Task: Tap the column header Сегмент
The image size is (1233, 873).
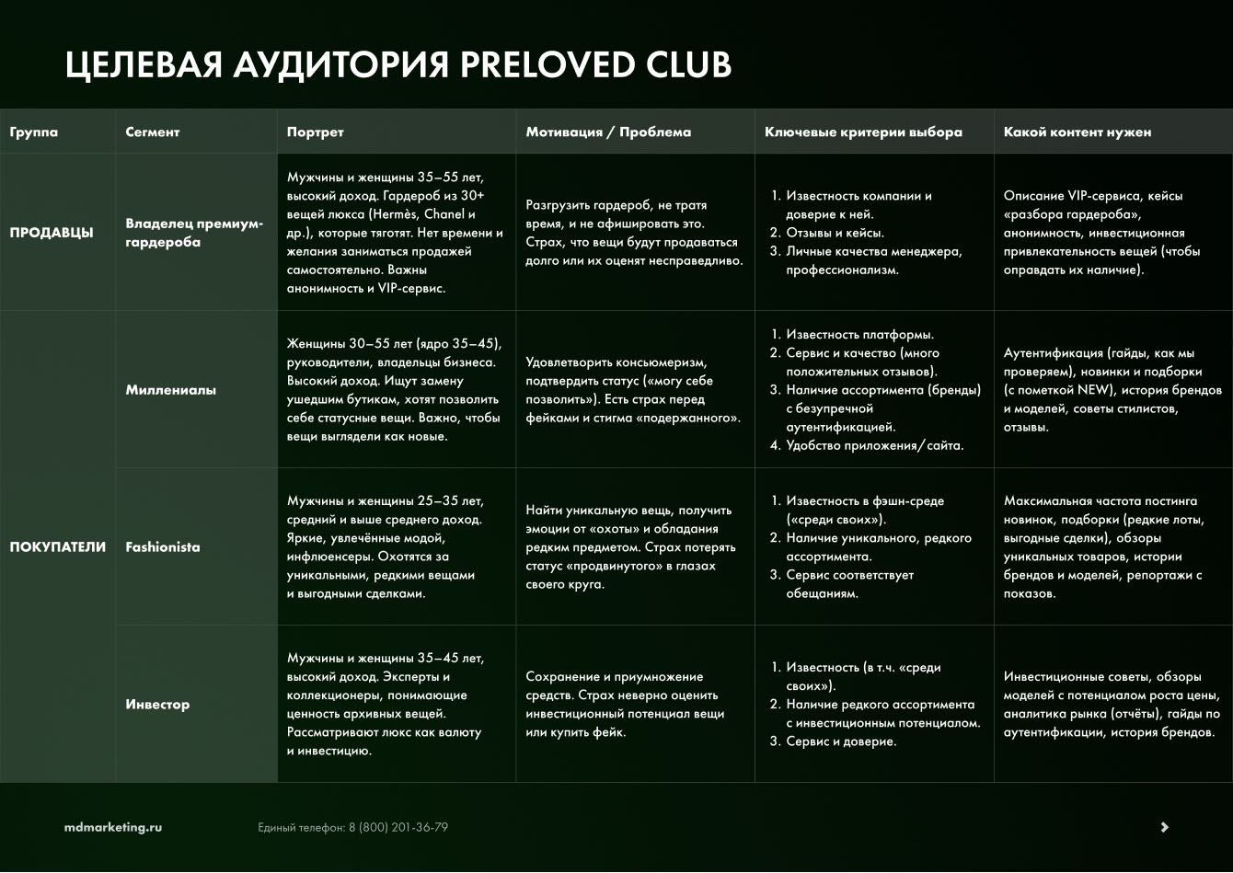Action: point(153,132)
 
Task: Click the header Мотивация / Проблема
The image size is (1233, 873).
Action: point(608,132)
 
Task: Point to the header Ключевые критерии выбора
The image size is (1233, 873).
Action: point(863,132)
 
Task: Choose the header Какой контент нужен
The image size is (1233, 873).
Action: point(1077,132)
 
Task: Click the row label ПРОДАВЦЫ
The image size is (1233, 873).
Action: point(52,233)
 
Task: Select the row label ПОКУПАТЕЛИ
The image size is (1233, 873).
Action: point(58,547)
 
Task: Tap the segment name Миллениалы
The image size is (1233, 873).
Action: point(171,390)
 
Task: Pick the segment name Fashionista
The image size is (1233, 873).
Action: point(163,547)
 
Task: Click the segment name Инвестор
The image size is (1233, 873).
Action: point(157,705)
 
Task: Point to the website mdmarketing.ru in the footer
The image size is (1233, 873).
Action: point(113,827)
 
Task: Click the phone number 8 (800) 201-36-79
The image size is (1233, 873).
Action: point(398,827)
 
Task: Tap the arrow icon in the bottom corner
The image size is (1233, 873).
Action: point(1164,827)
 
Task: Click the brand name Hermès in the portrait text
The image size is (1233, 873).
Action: point(397,214)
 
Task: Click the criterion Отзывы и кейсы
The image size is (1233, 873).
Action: point(835,233)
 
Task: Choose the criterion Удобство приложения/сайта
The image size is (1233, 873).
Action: point(874,446)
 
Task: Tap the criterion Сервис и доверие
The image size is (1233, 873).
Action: point(840,741)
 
